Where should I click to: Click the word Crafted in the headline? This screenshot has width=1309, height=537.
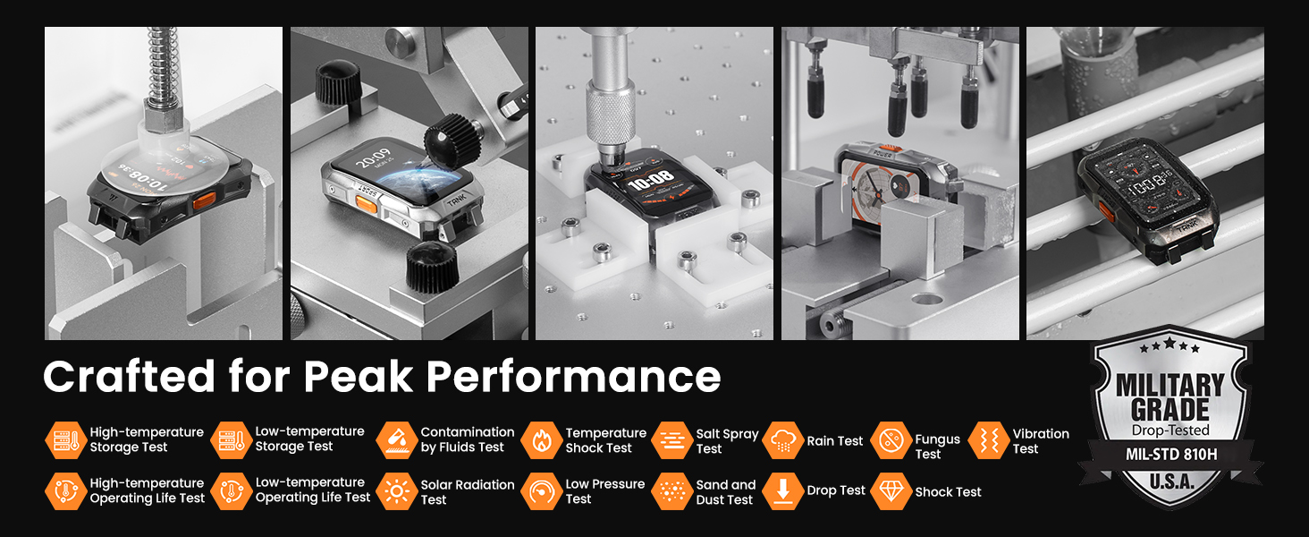pos(129,376)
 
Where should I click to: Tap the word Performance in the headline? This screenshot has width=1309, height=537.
pos(573,376)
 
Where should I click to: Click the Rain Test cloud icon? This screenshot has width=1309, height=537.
pos(783,440)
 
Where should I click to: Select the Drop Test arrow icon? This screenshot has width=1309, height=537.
pos(783,491)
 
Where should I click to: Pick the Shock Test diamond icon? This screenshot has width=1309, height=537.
pos(891,491)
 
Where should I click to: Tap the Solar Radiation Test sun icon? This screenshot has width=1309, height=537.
pos(397,491)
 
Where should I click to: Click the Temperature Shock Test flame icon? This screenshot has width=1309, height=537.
pos(541,440)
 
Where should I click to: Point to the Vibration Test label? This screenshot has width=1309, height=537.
pos(1041,441)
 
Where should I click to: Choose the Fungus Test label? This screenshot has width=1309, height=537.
pos(937,447)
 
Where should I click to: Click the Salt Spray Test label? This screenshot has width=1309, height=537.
pos(727,441)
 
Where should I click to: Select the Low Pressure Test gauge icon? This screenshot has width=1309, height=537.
pos(541,491)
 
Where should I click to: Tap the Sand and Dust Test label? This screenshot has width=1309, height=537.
pos(726,492)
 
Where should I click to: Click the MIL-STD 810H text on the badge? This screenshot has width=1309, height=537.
pos(1171,455)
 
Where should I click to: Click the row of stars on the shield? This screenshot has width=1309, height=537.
pos(1170,345)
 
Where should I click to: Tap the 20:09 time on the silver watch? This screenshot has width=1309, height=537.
pos(373,158)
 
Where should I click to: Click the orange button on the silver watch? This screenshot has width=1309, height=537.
pos(365,203)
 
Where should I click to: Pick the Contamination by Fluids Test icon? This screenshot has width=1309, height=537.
pos(397,440)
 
